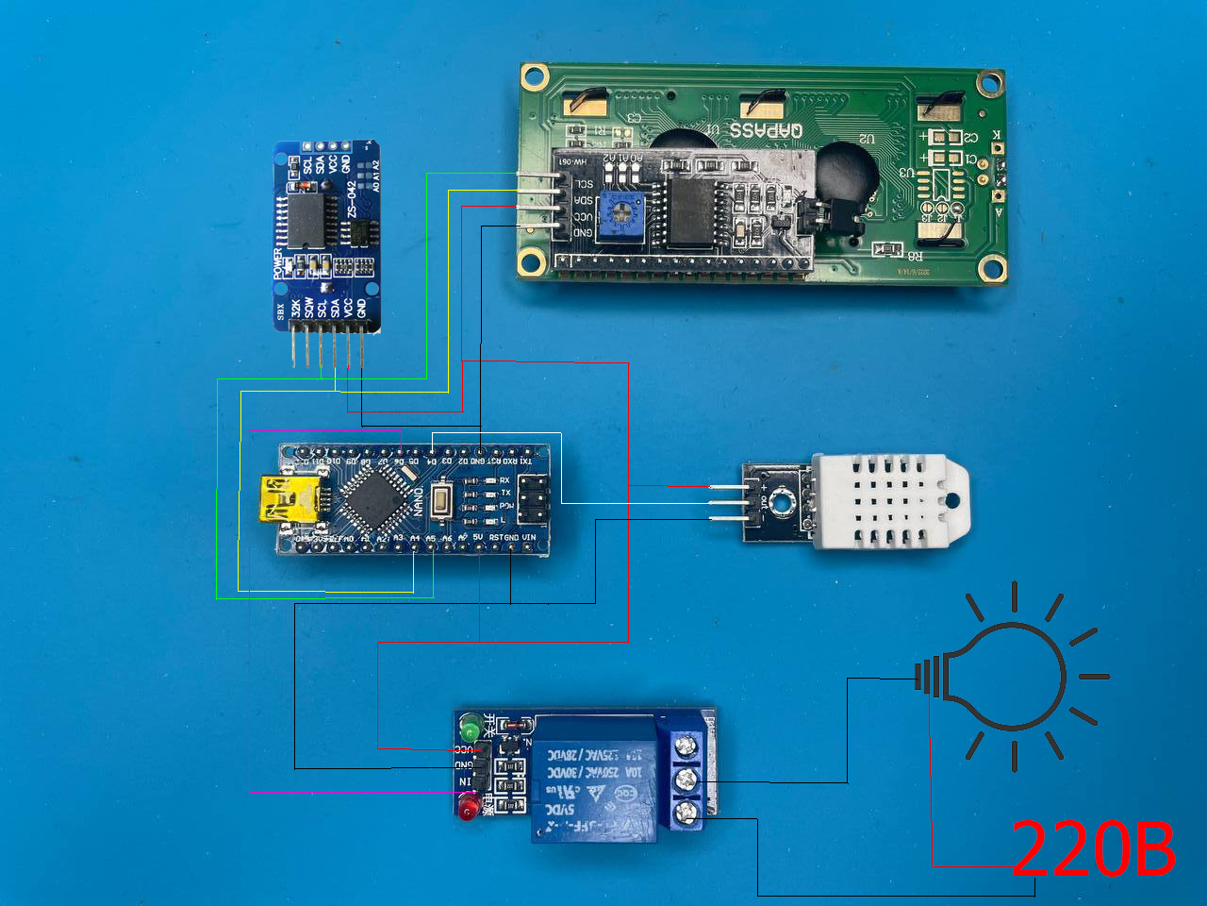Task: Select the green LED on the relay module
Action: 469,729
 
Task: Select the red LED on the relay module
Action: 467,808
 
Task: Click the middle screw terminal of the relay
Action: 686,780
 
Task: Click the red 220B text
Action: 1093,848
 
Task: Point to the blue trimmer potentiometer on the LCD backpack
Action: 620,211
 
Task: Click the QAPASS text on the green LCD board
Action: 767,130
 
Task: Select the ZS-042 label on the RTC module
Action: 352,199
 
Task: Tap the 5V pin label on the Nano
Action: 478,538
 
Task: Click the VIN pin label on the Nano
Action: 529,538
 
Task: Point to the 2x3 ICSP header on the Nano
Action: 533,498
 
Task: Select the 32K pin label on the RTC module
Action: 295,308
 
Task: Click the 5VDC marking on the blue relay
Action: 560,810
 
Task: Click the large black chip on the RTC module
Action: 307,220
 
